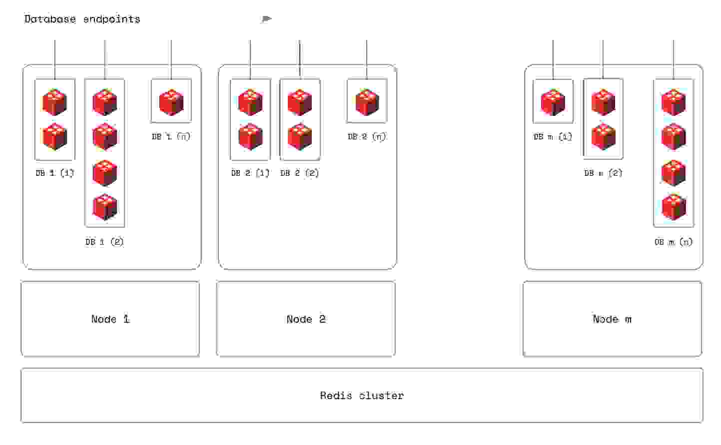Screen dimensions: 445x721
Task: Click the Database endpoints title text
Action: tap(82, 19)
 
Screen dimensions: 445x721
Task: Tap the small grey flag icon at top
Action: tap(266, 19)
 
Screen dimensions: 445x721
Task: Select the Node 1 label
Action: tap(110, 319)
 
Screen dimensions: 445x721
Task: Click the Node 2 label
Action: tap(306, 319)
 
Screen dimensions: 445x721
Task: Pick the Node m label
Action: tap(612, 319)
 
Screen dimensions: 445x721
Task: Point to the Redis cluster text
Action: tap(362, 396)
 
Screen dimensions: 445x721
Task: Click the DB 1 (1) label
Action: tap(55, 173)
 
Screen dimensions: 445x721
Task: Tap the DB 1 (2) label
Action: tap(104, 242)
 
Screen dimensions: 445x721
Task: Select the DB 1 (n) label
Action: tap(171, 136)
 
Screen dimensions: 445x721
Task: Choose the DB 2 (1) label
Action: tap(250, 173)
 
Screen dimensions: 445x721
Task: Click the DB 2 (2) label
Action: tap(299, 173)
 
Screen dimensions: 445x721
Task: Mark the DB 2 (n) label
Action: tap(367, 136)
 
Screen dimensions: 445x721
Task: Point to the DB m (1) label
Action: tap(553, 136)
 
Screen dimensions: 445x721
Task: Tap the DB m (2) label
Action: tap(603, 173)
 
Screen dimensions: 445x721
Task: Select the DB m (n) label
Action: tap(674, 242)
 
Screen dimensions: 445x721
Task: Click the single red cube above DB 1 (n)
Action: tap(171, 102)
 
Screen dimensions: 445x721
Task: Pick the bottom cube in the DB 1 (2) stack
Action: tap(105, 207)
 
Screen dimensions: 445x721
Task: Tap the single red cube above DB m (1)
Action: tap(553, 102)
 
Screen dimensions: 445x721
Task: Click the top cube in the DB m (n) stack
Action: tap(674, 102)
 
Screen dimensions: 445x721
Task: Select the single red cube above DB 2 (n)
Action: tap(367, 102)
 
